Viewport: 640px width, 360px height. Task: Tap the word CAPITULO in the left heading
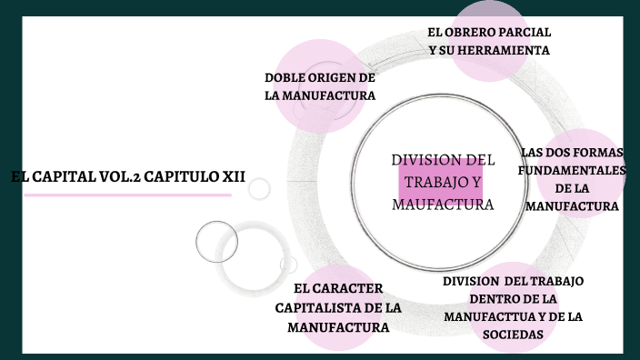(182, 176)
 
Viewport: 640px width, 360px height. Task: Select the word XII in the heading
(234, 176)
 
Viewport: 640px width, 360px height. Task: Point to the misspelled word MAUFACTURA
(443, 205)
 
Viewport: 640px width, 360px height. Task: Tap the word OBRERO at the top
(475, 33)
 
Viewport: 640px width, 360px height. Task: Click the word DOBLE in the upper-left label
(284, 77)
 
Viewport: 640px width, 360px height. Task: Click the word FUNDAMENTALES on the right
(571, 170)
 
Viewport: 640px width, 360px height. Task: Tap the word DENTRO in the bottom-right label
(495, 298)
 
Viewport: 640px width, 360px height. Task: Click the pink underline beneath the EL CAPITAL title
(126, 195)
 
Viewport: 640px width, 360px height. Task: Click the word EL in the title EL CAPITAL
(19, 176)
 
